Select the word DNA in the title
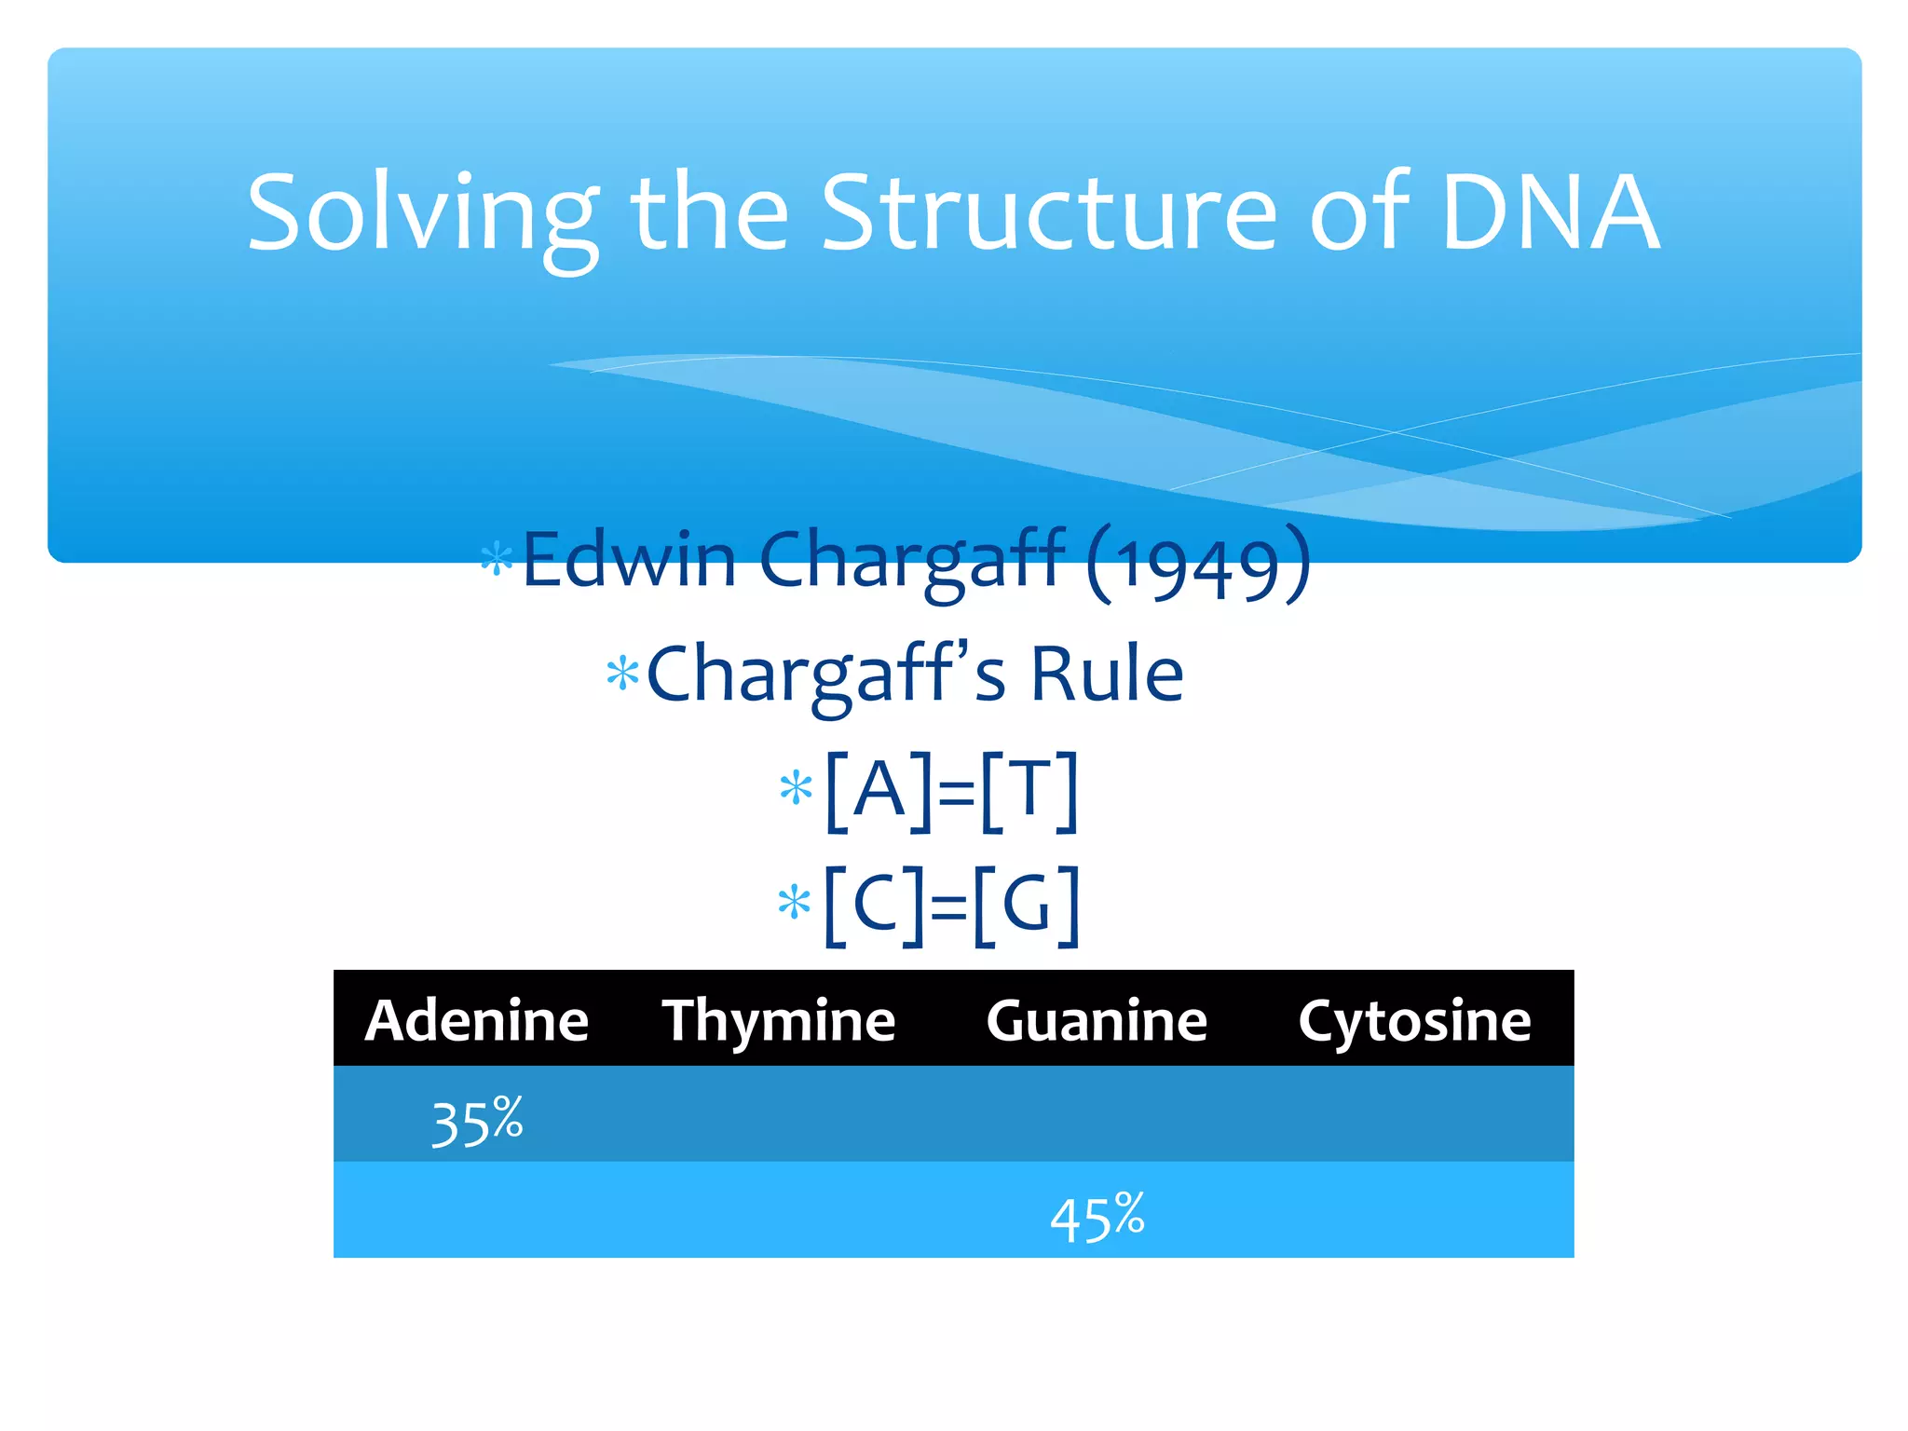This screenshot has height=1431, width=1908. [1550, 214]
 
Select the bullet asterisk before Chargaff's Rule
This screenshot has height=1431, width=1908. [622, 674]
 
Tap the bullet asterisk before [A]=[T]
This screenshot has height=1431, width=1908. [796, 789]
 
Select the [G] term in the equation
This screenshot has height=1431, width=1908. [1028, 904]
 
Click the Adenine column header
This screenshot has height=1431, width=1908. [477, 1020]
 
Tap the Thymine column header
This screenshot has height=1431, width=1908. [779, 1020]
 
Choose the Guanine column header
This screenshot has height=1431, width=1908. [1097, 1020]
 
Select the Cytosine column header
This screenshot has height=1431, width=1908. [1414, 1020]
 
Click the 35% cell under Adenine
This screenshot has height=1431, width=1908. [477, 1121]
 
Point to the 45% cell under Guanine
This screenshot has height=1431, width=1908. [1097, 1217]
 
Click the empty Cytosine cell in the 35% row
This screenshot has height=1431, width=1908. [1414, 1115]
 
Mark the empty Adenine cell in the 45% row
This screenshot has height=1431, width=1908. [477, 1210]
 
